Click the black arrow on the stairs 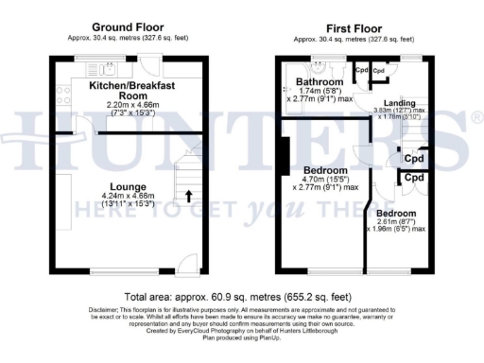pos(187,198)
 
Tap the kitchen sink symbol pos(105,66)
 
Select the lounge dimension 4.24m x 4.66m pos(126,197)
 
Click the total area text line pos(242,296)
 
